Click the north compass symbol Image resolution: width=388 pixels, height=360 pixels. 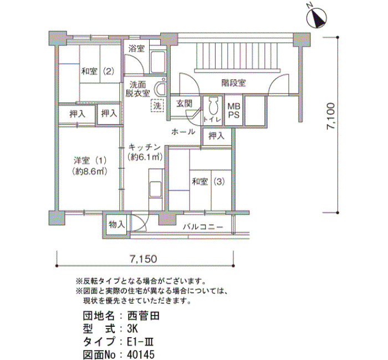(317, 18)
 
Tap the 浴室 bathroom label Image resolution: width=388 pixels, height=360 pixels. (136, 49)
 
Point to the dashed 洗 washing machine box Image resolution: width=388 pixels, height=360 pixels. (157, 106)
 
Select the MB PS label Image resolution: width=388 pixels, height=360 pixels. (234, 111)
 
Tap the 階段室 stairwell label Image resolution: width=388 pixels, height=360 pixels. (233, 83)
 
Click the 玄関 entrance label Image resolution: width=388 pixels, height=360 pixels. (185, 104)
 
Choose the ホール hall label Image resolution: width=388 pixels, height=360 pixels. (183, 132)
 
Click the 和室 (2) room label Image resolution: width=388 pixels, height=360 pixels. (98, 71)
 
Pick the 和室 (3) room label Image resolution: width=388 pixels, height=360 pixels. (208, 182)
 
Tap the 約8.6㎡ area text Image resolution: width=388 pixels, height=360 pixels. (90, 171)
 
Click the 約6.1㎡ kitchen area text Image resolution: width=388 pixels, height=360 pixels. (145, 157)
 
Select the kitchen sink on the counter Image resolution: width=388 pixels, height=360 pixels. (156, 189)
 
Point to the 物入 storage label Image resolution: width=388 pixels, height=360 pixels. (116, 224)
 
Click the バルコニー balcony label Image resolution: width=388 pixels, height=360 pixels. (203, 227)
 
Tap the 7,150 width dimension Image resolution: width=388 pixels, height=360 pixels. (143, 259)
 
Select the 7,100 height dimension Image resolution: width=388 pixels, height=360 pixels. (331, 116)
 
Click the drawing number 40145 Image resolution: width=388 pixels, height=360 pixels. (141, 354)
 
